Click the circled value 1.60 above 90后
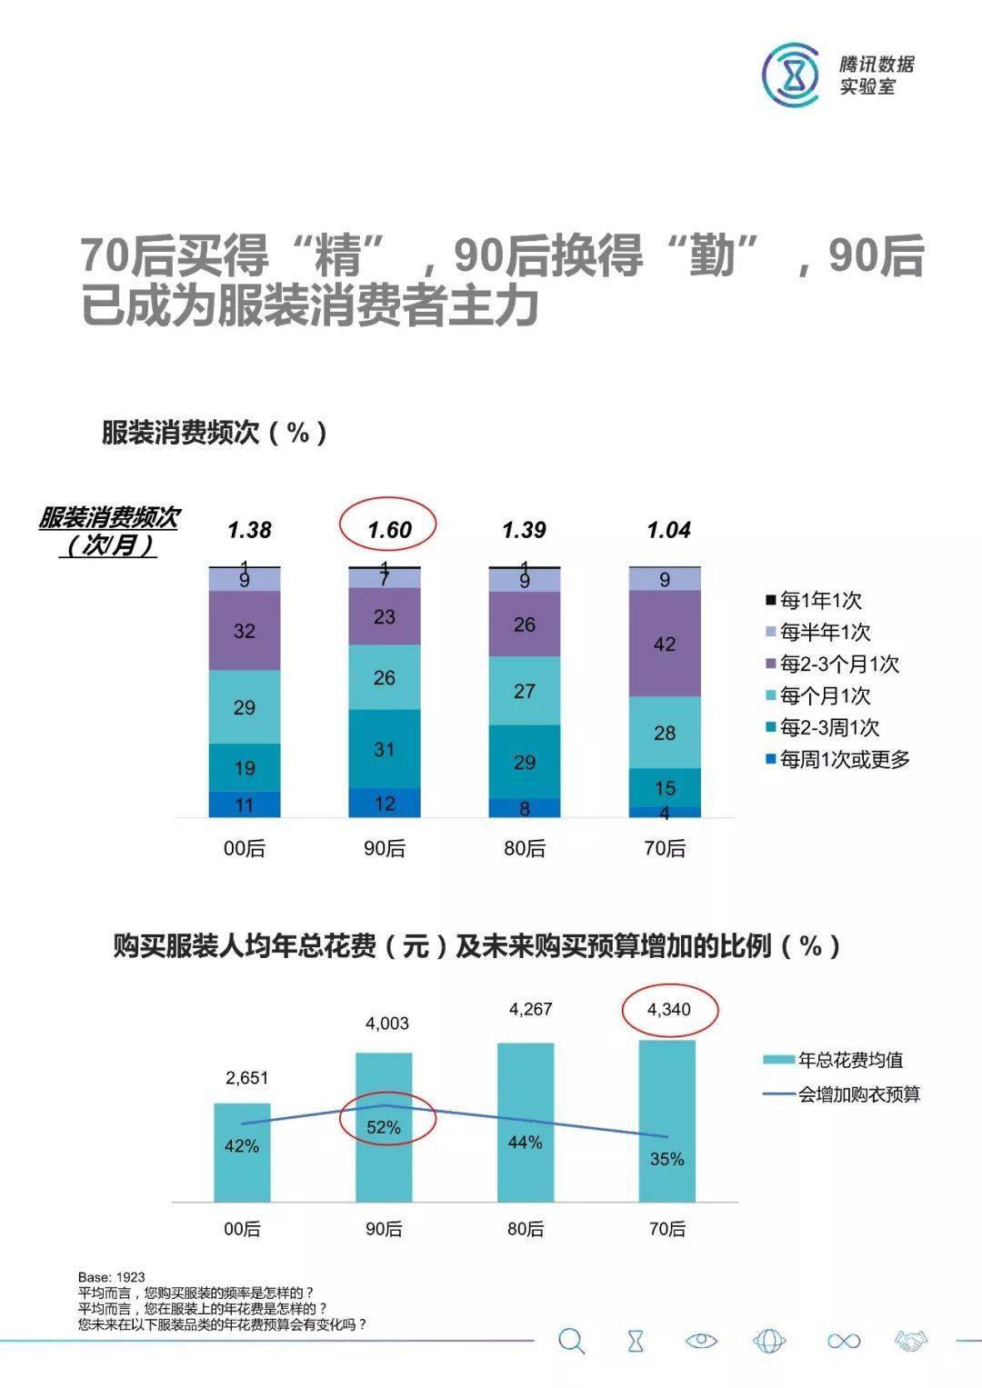tap(389, 529)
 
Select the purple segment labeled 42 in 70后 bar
tap(665, 644)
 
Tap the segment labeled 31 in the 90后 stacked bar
tap(385, 749)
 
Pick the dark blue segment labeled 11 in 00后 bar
tap(245, 804)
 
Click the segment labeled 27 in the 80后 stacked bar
tap(525, 691)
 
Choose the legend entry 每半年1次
tap(818, 632)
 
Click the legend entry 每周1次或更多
tap(837, 759)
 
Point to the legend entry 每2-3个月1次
tap(832, 664)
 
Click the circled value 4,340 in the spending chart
tap(669, 1009)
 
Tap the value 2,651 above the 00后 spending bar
tap(246, 1078)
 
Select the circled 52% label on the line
tap(384, 1127)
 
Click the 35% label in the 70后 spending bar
tap(667, 1159)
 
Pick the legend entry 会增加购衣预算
tap(842, 1094)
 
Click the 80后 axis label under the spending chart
tap(526, 1229)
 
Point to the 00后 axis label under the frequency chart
tap(245, 848)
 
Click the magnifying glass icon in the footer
tap(572, 1341)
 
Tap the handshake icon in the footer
tap(910, 1341)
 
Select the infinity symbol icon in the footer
tap(843, 1341)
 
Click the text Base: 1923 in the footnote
tap(112, 1277)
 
